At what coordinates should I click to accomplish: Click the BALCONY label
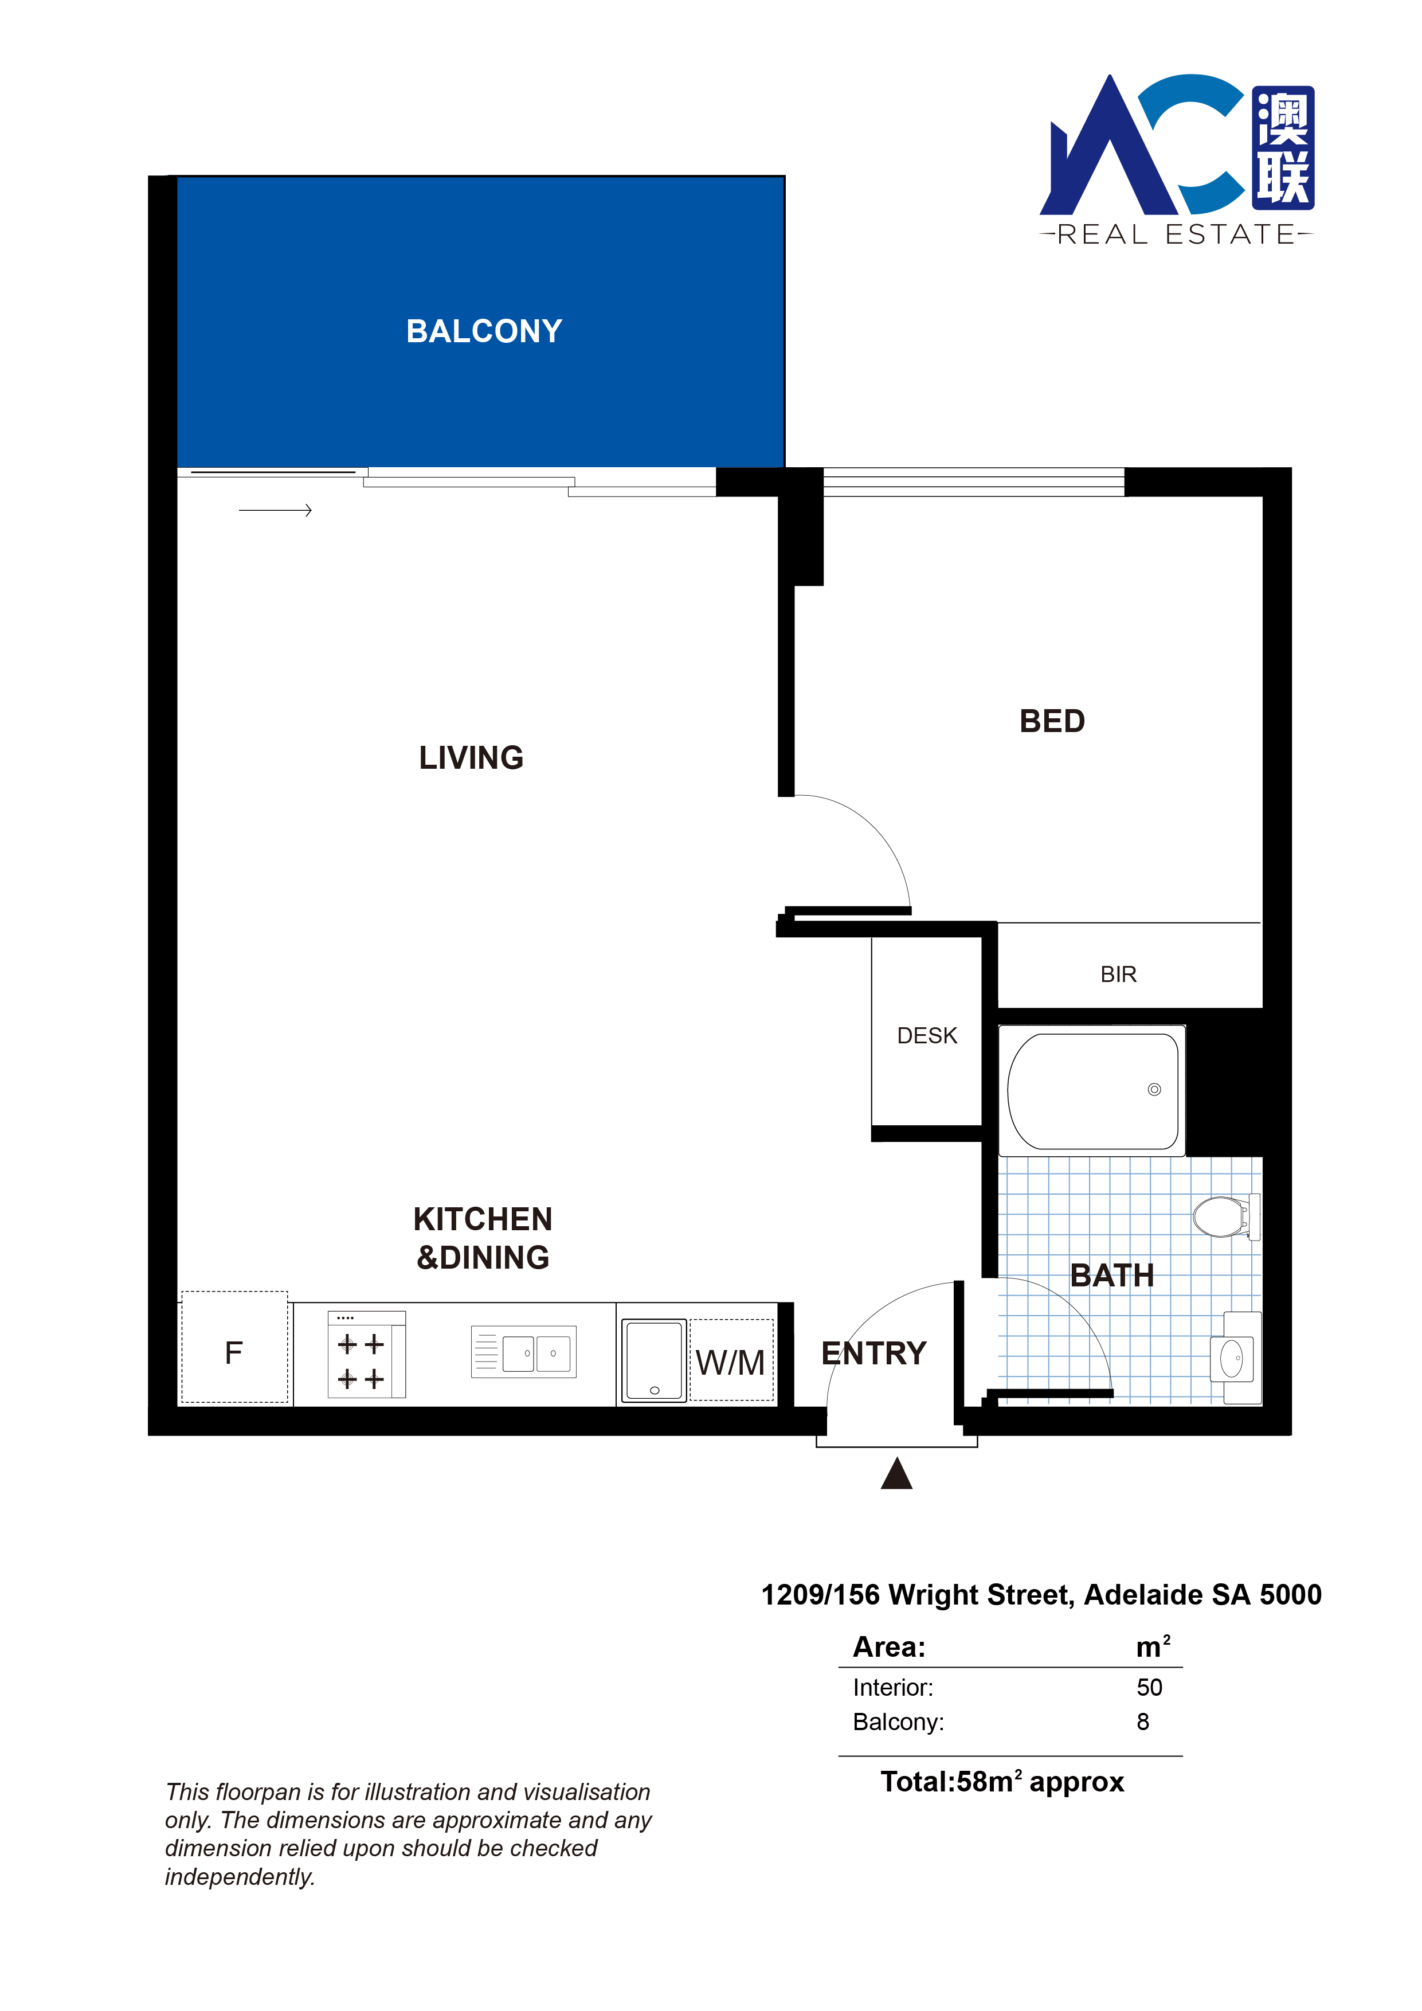click(x=484, y=331)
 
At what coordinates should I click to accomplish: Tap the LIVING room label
click(x=471, y=758)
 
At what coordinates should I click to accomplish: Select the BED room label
click(x=1052, y=721)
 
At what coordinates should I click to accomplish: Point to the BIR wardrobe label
click(x=1118, y=974)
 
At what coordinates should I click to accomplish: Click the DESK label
click(x=927, y=1035)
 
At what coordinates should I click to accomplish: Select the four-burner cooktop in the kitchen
click(x=366, y=1354)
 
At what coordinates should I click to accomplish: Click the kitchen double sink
click(x=524, y=1352)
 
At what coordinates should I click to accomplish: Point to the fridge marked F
click(x=234, y=1348)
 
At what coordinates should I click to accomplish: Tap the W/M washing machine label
click(x=730, y=1363)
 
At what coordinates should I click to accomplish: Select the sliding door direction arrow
click(x=275, y=510)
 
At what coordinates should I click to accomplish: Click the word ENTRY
click(x=874, y=1353)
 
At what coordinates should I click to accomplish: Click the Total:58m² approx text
click(x=1002, y=1782)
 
